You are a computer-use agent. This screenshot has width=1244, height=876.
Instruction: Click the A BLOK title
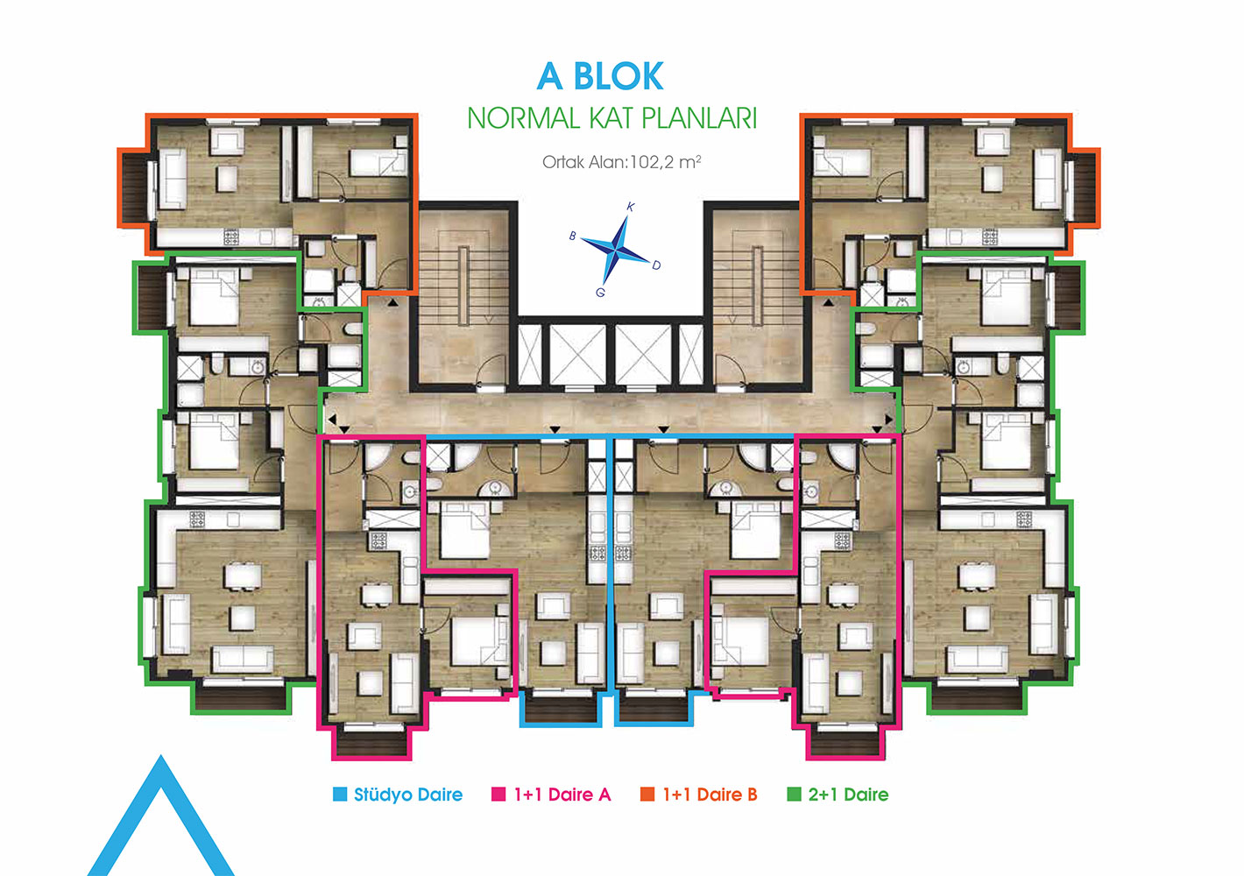[600, 76]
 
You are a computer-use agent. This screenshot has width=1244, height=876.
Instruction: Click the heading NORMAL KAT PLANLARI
[612, 118]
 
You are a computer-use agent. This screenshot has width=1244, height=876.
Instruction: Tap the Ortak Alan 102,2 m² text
[621, 162]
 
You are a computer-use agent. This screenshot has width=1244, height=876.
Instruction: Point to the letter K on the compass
[631, 208]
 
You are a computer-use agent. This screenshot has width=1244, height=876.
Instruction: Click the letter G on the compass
[600, 293]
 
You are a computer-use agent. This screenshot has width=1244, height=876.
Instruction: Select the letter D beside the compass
[656, 265]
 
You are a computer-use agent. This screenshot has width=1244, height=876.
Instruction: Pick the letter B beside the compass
[573, 236]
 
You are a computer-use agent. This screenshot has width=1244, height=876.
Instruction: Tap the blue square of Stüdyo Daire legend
[340, 794]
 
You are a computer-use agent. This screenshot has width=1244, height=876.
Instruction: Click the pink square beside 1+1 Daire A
[498, 794]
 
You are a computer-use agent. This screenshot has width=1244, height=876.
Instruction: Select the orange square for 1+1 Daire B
[647, 794]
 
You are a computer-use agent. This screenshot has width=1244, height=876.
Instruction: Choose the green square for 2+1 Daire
[795, 794]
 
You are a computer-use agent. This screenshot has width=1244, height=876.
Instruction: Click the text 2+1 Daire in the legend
[848, 795]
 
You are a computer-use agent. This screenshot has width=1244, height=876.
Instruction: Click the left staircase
[463, 293]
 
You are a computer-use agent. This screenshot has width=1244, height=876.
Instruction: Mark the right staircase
[758, 293]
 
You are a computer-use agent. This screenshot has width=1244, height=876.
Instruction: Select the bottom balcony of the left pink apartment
[371, 743]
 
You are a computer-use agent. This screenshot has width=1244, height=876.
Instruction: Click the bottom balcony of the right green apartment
[976, 697]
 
